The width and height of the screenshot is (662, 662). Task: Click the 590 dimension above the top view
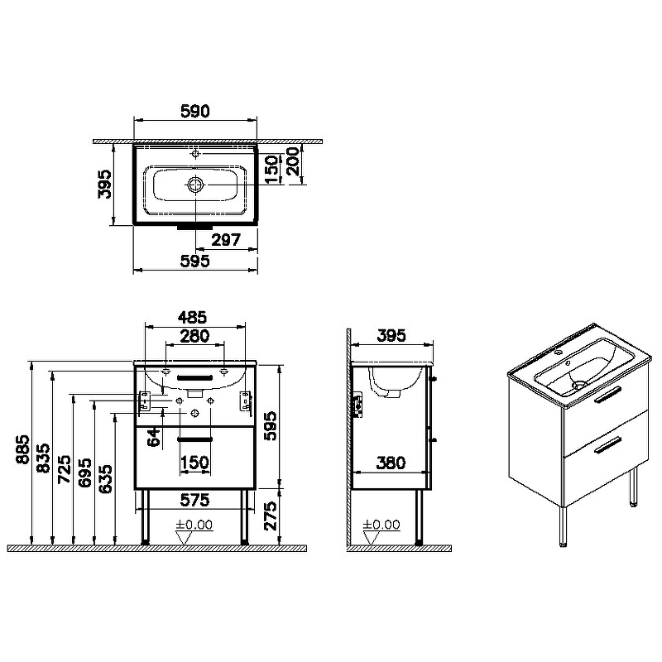[x=195, y=111]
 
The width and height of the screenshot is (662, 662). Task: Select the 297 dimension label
[x=226, y=240]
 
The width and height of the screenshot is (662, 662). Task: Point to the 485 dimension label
[x=192, y=317]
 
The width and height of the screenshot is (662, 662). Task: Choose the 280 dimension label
[x=194, y=336]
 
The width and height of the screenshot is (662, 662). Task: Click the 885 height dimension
[x=23, y=449]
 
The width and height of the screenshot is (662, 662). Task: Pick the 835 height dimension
[x=44, y=458]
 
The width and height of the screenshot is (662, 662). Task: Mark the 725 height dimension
[x=65, y=469]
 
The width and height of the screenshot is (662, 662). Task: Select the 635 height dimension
[x=105, y=479]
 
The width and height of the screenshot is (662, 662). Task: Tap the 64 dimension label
[x=155, y=437]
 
